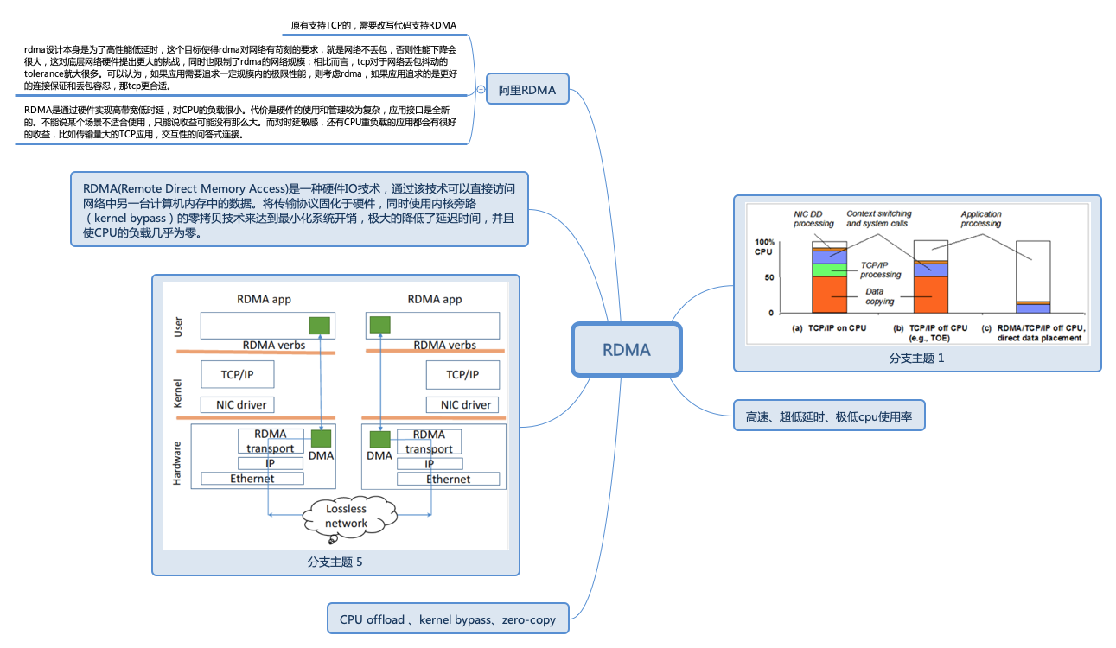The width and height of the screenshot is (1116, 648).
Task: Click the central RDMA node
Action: pos(626,350)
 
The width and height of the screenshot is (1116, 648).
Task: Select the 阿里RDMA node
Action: pos(526,90)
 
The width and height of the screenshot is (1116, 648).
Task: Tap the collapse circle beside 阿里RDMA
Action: pos(481,89)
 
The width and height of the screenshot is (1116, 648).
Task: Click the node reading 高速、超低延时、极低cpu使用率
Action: pos(829,416)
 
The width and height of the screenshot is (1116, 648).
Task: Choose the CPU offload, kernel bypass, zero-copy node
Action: pos(447,619)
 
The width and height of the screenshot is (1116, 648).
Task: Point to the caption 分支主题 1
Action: pos(917,358)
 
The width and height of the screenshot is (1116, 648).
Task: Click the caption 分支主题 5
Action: pos(335,562)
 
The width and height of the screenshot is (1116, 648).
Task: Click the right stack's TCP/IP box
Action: pos(462,375)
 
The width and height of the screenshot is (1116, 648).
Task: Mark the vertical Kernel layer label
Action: pos(178,394)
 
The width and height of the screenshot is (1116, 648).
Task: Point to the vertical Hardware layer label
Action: pos(177,464)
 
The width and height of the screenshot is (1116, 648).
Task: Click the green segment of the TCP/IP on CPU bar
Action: pos(829,270)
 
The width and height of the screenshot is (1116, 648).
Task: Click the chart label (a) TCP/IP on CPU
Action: pos(829,328)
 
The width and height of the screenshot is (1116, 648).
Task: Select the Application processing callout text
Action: pos(980,219)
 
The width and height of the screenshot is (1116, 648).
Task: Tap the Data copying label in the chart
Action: pos(880,296)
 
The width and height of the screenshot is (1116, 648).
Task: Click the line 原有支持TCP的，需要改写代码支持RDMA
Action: pos(373,25)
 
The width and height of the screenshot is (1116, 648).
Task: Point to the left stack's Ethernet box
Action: pos(252,479)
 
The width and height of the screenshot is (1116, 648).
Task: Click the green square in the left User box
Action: pos(320,325)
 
